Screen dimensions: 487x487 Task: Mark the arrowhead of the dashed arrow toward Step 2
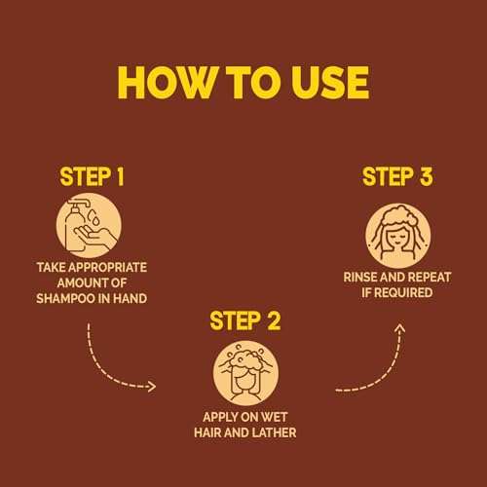tap(151, 386)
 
